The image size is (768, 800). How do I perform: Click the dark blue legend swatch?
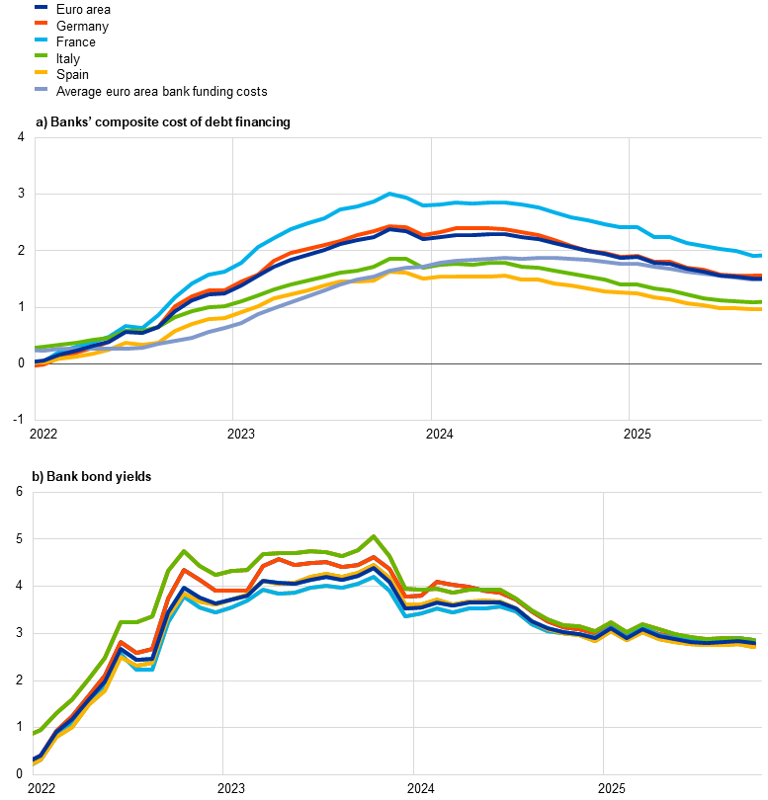(x=42, y=7)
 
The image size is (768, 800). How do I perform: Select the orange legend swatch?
(x=42, y=22)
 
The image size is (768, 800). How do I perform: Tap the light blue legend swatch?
(x=42, y=39)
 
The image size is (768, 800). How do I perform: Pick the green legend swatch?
(x=42, y=55)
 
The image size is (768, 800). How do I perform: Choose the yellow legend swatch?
(x=42, y=72)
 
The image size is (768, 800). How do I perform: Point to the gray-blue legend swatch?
(x=42, y=89)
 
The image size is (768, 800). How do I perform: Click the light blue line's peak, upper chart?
(x=389, y=194)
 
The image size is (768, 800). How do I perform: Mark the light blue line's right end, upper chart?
(x=760, y=255)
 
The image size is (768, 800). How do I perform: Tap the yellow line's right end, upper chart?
(x=760, y=309)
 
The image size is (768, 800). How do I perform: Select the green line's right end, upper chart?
(x=760, y=301)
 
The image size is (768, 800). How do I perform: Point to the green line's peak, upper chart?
(x=395, y=259)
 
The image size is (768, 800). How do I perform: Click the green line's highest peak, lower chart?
(x=374, y=536)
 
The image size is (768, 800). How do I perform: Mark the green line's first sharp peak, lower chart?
(x=184, y=551)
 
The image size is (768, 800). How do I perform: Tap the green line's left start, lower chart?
(x=35, y=733)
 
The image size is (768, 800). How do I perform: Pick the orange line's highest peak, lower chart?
(x=374, y=557)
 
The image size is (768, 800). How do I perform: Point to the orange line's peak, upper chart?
(x=391, y=226)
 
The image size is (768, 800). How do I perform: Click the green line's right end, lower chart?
(x=755, y=640)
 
